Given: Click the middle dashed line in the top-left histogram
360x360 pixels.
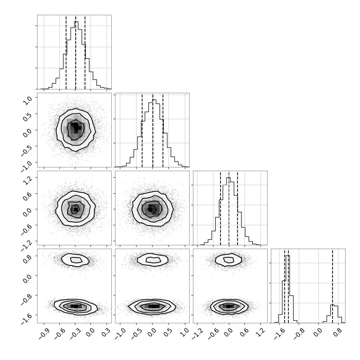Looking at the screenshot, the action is pyautogui.click(x=76, y=52).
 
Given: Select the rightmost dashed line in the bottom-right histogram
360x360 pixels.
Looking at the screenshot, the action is pyautogui.click(x=333, y=286).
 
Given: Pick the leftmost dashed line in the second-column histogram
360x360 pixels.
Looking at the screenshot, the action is pyautogui.click(x=142, y=130).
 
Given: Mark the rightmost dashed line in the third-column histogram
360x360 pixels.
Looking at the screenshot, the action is pyautogui.click(x=238, y=208).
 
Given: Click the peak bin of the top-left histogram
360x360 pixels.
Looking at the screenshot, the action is pyautogui.click(x=76, y=55).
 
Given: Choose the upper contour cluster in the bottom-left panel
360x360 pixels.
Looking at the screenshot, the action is pyautogui.click(x=75, y=260).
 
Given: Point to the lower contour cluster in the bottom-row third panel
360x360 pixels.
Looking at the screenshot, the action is pyautogui.click(x=229, y=306).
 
